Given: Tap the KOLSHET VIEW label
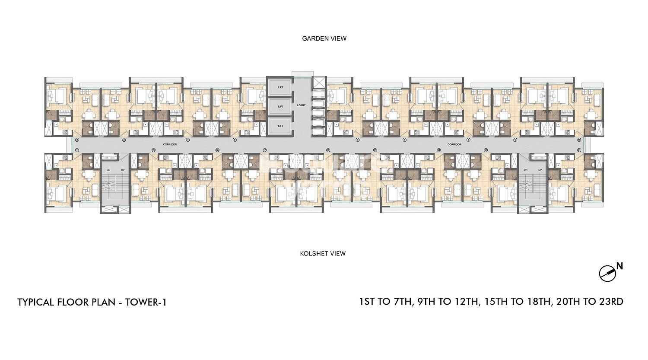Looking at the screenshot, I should [x=323, y=254].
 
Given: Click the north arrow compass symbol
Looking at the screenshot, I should [x=607, y=274].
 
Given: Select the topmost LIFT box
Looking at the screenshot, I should [x=281, y=88].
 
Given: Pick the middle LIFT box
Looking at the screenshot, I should [x=281, y=106].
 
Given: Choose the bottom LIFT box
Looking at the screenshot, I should [x=281, y=126].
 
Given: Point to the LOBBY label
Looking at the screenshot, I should [x=301, y=105].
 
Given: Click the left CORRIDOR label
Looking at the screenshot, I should [x=170, y=144].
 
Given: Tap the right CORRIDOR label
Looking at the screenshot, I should [x=454, y=144].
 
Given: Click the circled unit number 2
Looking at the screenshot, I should [x=77, y=140].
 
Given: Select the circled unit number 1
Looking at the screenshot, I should [x=77, y=150].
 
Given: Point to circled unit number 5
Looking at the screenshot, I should [x=235, y=140].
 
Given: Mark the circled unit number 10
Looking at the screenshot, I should [x=579, y=140].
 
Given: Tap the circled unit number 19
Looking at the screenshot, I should [x=153, y=150].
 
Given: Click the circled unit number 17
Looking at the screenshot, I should [x=264, y=150].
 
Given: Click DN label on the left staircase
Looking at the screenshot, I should [x=109, y=170].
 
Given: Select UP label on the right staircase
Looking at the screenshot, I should [x=540, y=170].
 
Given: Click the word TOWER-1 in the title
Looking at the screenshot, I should [x=146, y=302].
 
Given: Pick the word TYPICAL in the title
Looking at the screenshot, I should [x=36, y=302].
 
